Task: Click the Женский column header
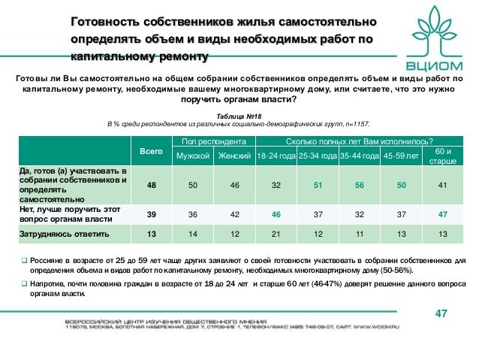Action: (x=234, y=156)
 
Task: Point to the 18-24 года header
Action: (x=275, y=156)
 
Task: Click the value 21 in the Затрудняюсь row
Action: (x=275, y=234)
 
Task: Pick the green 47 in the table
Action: (x=442, y=214)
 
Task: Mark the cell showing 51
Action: (x=317, y=185)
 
